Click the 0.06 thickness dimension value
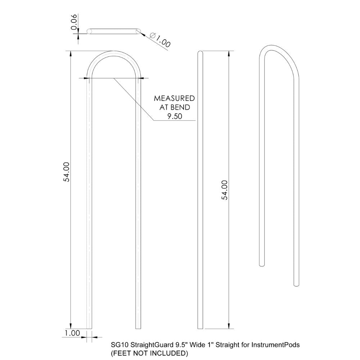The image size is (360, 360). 74,23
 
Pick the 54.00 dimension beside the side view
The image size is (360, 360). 224,190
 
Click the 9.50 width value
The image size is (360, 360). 174,116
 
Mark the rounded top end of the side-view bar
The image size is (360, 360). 201,53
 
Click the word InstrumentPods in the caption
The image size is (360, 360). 276,345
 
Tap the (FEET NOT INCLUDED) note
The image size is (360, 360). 149,353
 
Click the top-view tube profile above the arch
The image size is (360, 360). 113,32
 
